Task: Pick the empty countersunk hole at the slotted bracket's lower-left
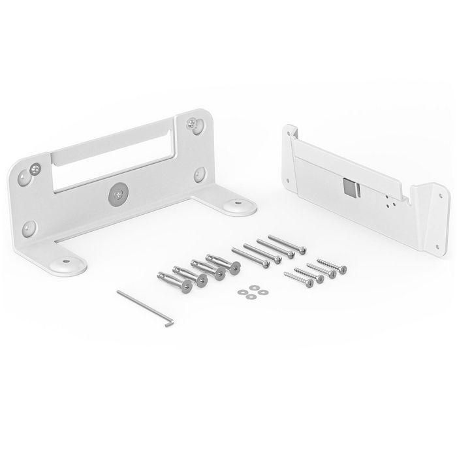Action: (x=29, y=228)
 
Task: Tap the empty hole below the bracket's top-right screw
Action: (x=200, y=174)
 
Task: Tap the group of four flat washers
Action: (x=251, y=292)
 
